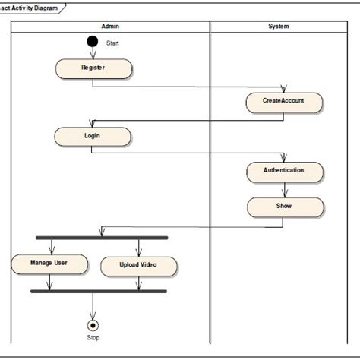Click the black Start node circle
[93, 42]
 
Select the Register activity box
[93, 68]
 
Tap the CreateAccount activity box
[284, 102]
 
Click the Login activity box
[92, 136]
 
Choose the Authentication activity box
[284, 171]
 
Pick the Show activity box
[284, 206]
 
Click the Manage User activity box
[49, 264]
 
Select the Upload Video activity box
[139, 266]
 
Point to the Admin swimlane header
[110, 27]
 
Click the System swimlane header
[279, 27]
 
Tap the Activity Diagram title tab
[30, 7]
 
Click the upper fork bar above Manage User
[102, 238]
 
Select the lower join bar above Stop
[98, 291]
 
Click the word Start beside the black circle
[112, 43]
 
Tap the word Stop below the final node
[93, 338]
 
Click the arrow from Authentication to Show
[284, 189]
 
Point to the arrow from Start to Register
[93, 52]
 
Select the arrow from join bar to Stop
[93, 305]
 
